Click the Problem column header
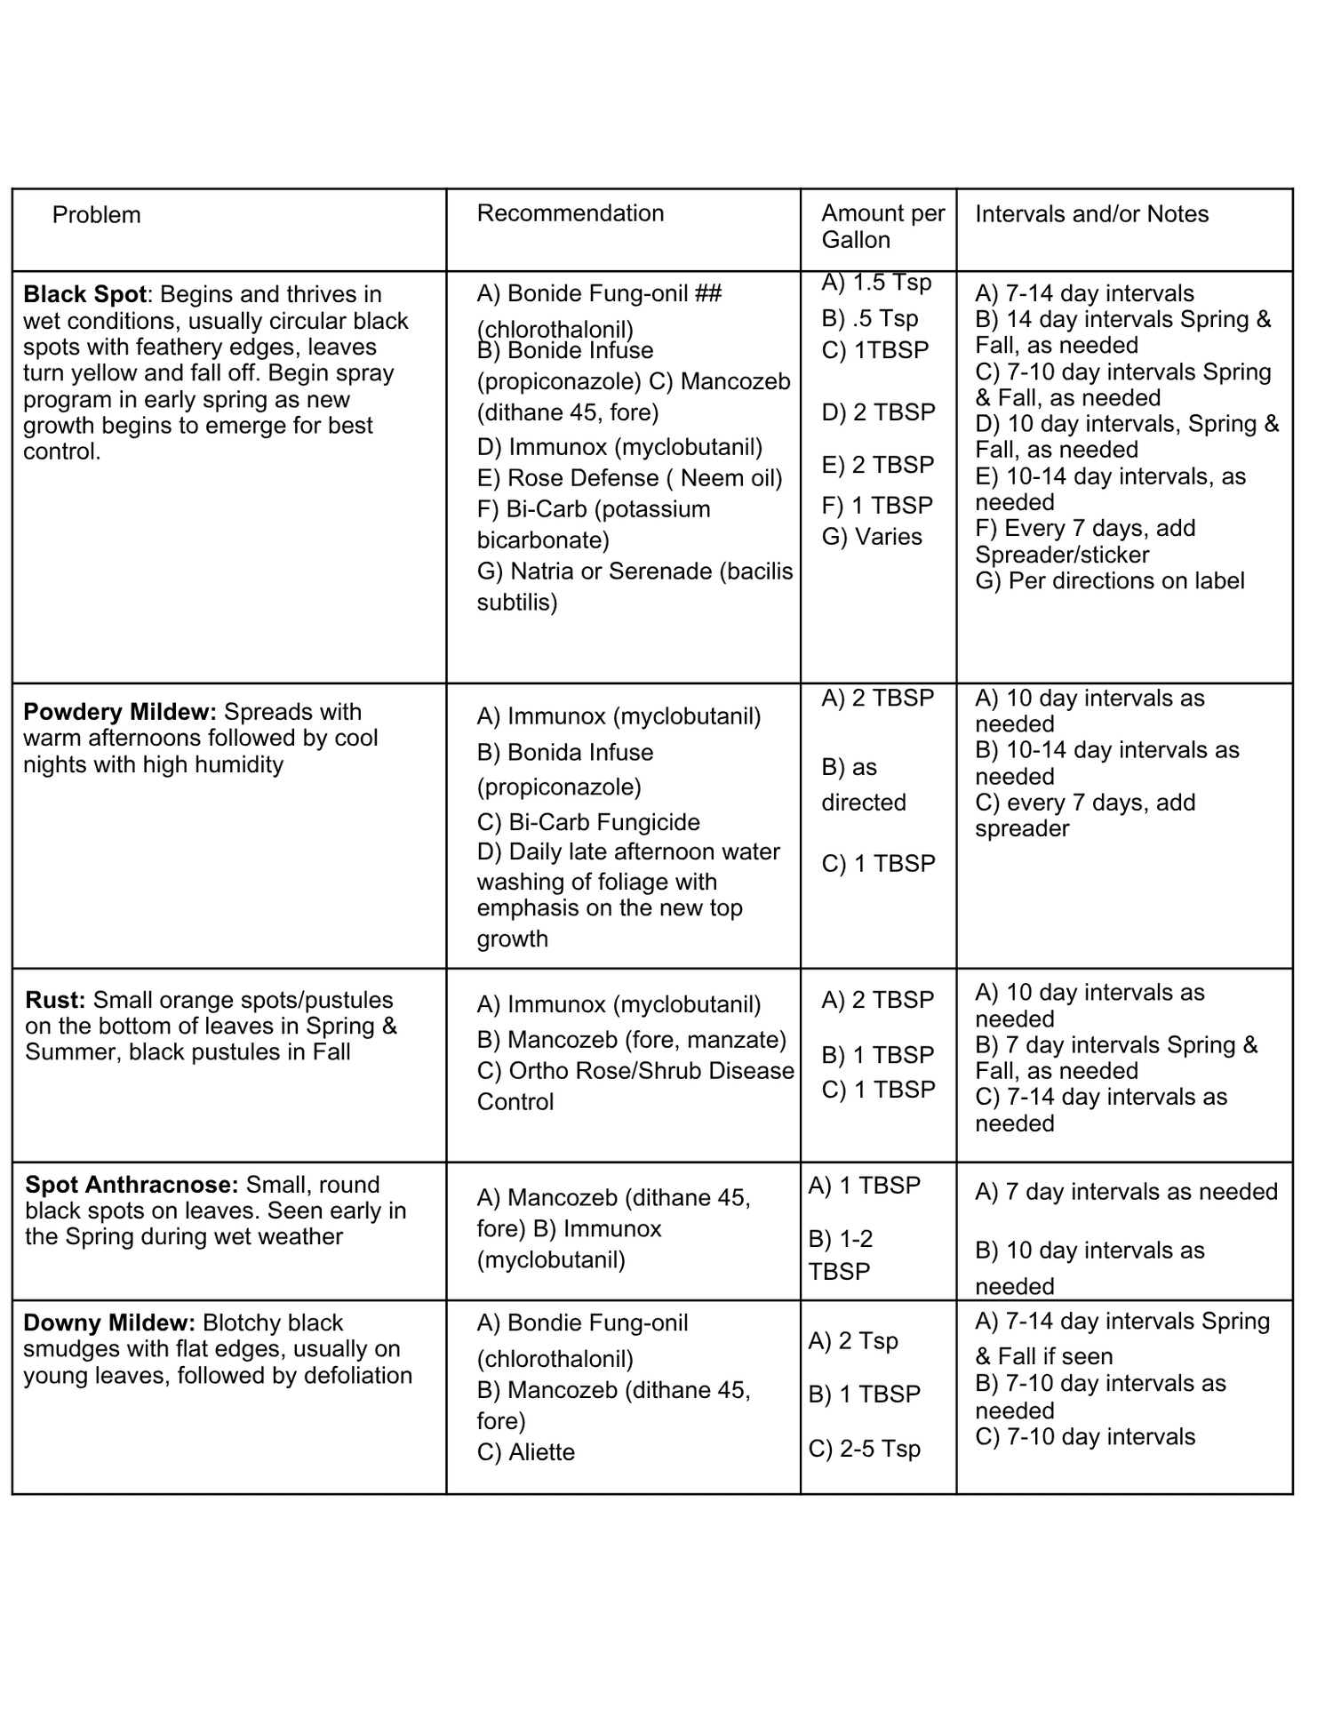96,215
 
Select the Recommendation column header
570,213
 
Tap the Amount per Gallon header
882,227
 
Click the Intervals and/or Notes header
1091,214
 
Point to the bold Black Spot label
84,294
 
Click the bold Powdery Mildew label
119,712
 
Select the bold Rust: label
55,1000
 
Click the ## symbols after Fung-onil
707,293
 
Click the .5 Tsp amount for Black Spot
869,318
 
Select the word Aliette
541,1452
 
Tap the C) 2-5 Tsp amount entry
864,1449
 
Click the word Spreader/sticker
1061,555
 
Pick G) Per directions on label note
1109,581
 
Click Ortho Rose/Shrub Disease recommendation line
635,1071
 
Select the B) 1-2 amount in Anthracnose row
840,1239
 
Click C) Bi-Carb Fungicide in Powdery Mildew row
587,822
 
